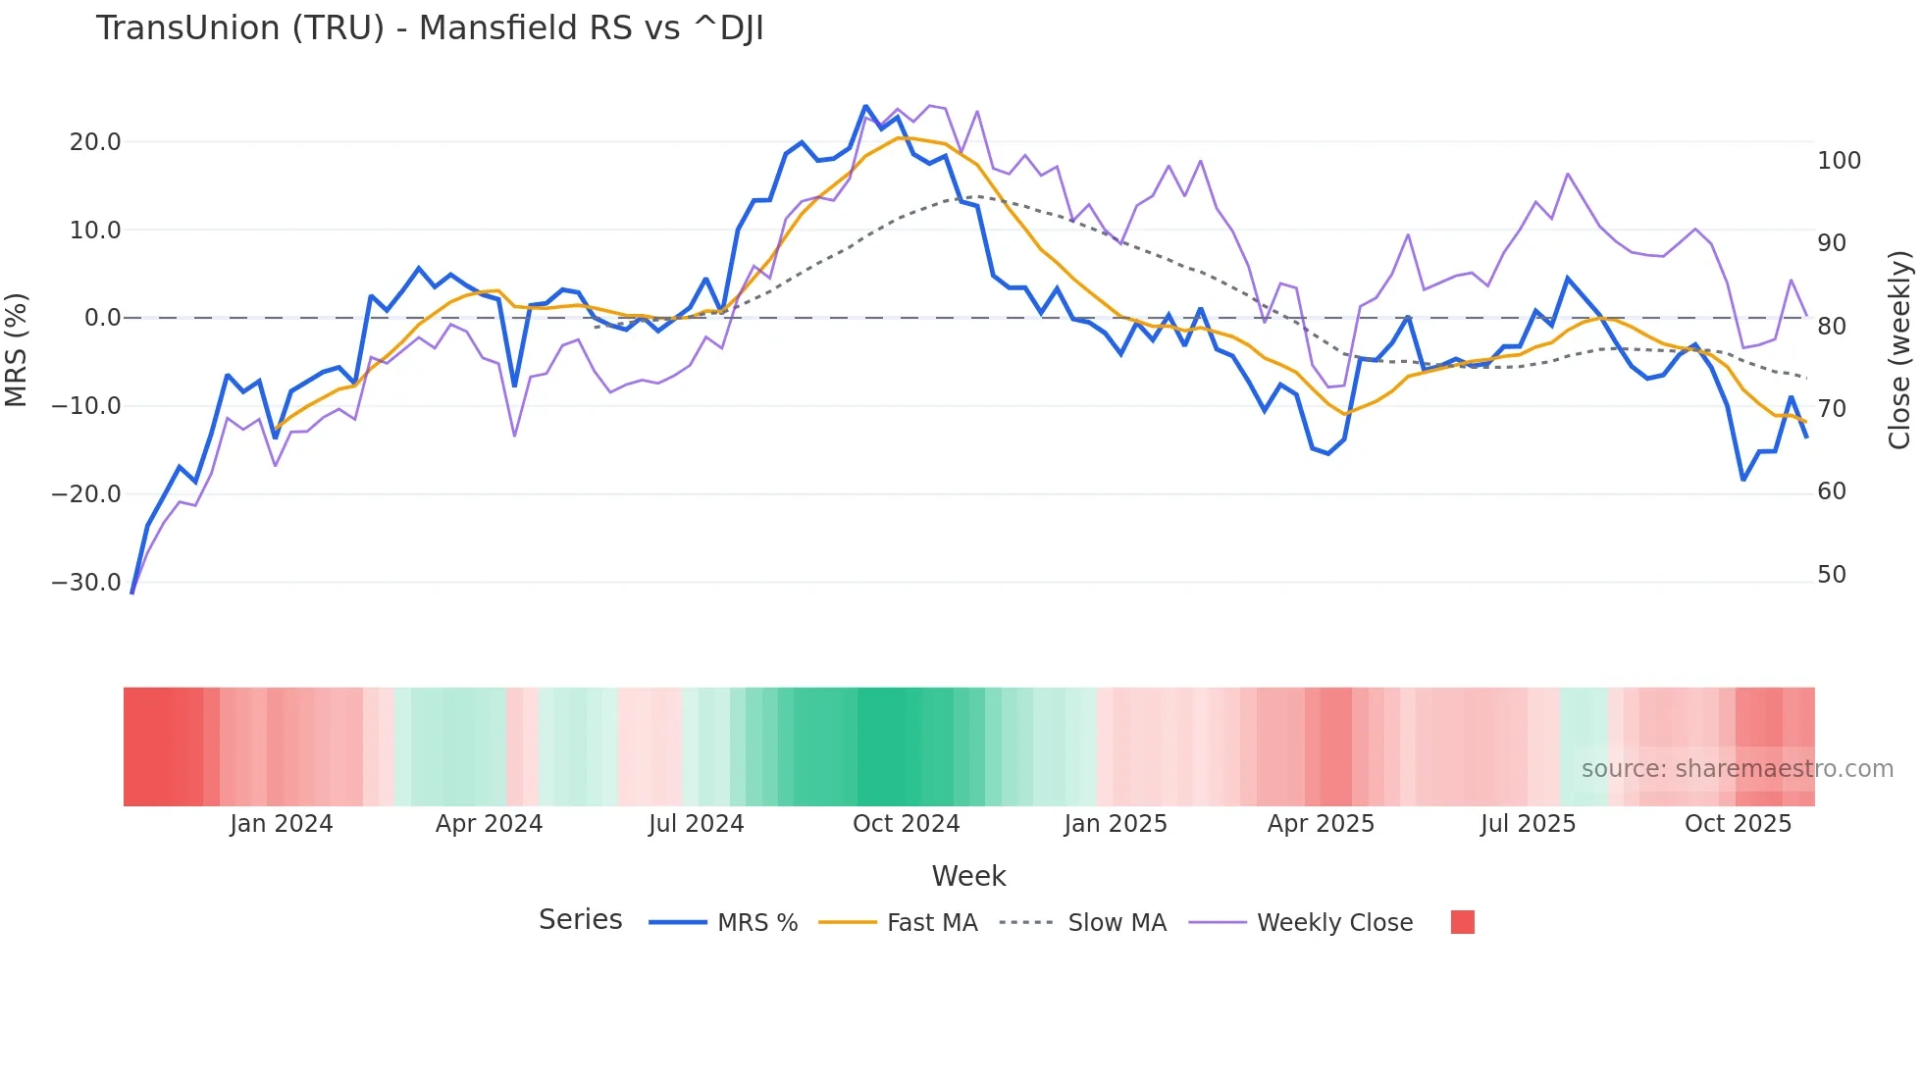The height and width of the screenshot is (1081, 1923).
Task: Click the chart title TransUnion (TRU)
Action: point(429,28)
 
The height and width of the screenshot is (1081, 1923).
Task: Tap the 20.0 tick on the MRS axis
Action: point(95,142)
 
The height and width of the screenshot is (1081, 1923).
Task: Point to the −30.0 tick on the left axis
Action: point(86,583)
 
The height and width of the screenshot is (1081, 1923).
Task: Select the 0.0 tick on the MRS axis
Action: point(102,318)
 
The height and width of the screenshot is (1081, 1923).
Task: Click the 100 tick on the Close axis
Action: point(1839,161)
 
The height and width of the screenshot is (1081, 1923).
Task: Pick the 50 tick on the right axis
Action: point(1832,575)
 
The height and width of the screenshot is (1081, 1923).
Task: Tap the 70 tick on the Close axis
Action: point(1832,409)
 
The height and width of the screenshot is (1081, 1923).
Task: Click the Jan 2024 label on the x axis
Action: point(282,824)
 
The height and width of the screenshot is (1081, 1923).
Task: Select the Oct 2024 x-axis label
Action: point(906,824)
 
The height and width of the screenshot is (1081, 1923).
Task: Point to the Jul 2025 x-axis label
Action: point(1528,824)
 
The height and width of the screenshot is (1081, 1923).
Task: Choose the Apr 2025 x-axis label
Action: point(1321,824)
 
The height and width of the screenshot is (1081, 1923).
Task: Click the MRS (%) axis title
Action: point(17,349)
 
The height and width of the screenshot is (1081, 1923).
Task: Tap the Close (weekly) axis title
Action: point(1899,350)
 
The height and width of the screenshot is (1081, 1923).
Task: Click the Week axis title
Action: point(968,876)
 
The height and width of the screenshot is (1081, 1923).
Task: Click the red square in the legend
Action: point(1462,922)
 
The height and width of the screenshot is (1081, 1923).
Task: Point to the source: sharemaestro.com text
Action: point(1737,769)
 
